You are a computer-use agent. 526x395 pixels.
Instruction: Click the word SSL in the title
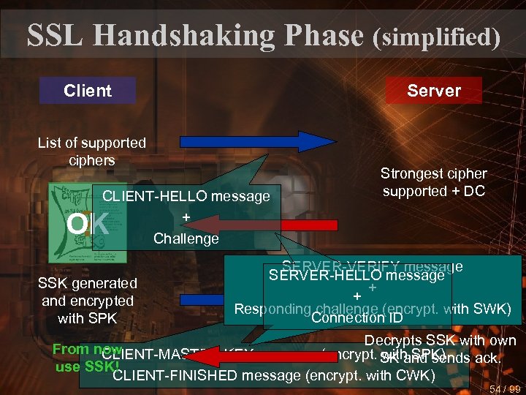[54, 34]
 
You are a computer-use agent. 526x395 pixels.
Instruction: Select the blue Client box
[88, 91]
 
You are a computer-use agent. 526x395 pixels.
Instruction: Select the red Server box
[434, 91]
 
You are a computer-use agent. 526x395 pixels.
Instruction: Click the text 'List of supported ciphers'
[92, 151]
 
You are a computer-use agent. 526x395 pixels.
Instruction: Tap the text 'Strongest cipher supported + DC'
[433, 182]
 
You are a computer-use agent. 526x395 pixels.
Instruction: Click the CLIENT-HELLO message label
[186, 196]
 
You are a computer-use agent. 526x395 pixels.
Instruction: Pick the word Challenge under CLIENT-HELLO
[186, 238]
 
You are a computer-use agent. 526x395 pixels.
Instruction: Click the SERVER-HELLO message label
[357, 276]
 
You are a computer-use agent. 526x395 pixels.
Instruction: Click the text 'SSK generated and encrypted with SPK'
[88, 301]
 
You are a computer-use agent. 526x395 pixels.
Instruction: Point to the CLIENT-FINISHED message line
[274, 376]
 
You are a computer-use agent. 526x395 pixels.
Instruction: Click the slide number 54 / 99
[505, 388]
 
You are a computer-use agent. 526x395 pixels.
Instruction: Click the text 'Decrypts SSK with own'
[440, 340]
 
